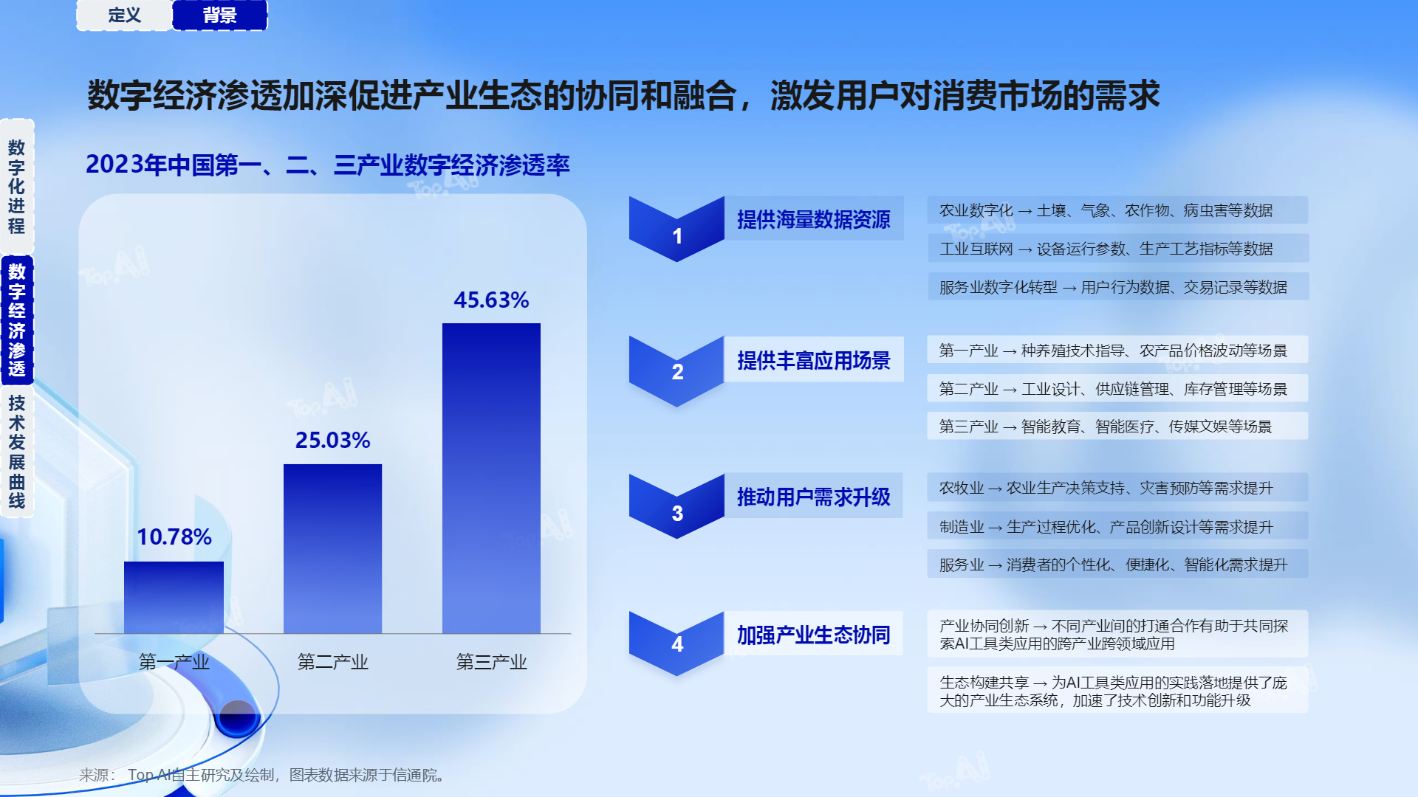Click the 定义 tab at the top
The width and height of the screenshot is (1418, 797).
tap(124, 15)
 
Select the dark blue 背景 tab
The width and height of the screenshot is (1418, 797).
tap(220, 15)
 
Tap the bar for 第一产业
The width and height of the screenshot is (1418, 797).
tap(174, 597)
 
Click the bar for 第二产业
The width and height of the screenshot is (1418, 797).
tap(332, 548)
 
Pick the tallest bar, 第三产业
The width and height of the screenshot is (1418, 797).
tap(491, 478)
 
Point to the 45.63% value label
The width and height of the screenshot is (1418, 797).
tap(491, 300)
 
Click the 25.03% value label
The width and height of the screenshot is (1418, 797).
tap(332, 441)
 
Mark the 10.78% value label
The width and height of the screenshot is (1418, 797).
tap(174, 537)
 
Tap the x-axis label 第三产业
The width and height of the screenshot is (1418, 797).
tap(491, 662)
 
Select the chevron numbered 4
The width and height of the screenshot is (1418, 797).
tap(677, 644)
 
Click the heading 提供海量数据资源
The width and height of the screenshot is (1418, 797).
tap(814, 219)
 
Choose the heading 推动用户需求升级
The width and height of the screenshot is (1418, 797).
tap(814, 497)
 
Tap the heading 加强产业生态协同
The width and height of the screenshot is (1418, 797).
tap(814, 635)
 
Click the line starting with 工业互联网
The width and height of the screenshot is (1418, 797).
tap(1106, 249)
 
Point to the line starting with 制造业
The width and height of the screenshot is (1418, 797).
tap(1106, 527)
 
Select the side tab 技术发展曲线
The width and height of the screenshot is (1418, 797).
tap(17, 452)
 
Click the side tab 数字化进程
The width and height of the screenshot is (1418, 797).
tap(17, 187)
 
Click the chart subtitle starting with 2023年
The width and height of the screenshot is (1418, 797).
tap(328, 165)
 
